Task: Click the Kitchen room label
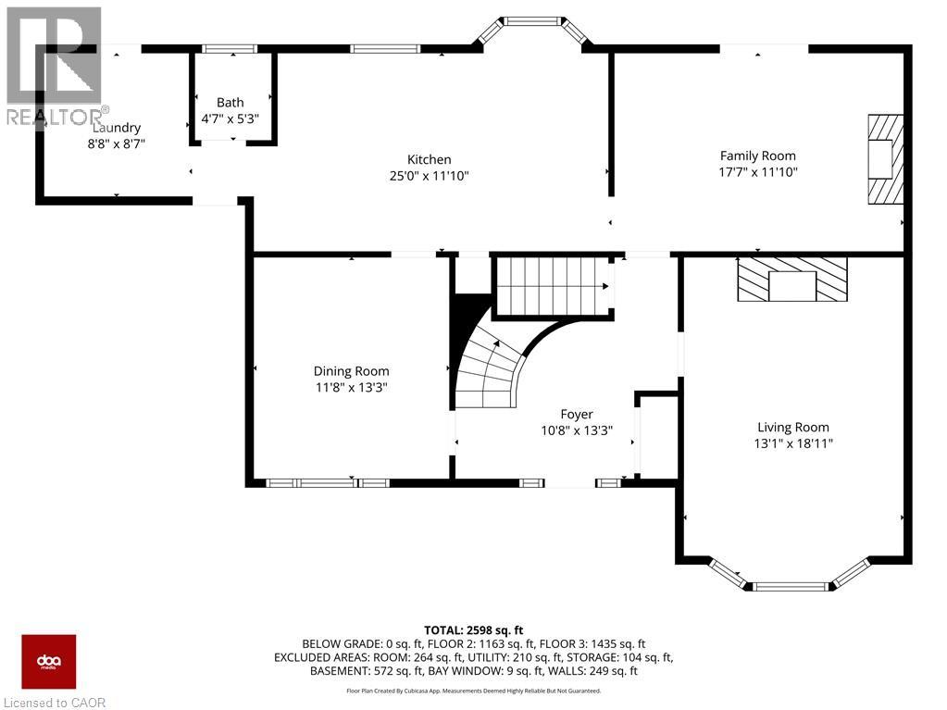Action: pos(430,159)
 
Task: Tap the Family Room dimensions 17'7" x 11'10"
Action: pos(758,171)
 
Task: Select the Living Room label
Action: pos(793,427)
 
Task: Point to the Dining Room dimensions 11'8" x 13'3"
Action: pos(351,387)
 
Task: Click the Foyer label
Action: pos(577,414)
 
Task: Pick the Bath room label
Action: pos(231,102)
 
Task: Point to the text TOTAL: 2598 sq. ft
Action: pos(473,629)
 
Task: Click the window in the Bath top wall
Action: pos(230,48)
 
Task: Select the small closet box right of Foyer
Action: pos(658,436)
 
